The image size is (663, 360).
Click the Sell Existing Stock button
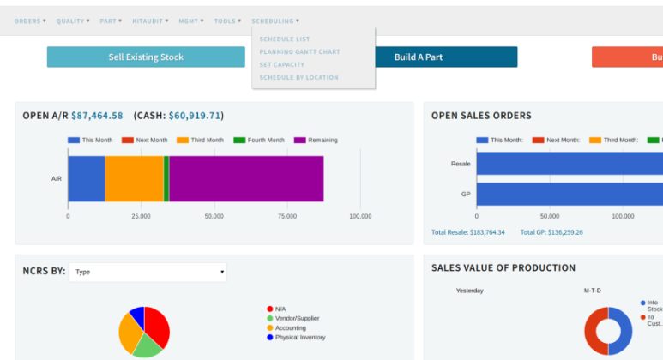(x=146, y=57)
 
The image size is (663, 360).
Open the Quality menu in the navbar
(x=72, y=21)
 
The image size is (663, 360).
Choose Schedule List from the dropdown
(x=285, y=39)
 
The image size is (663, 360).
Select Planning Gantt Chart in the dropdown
(x=299, y=52)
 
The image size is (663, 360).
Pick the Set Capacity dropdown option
(x=282, y=65)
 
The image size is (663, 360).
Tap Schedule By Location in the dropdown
(x=298, y=78)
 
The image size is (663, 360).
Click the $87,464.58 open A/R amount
(x=97, y=116)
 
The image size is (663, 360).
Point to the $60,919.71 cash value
(x=195, y=116)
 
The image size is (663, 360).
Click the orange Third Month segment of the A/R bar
(x=134, y=178)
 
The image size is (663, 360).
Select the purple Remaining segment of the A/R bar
(x=246, y=178)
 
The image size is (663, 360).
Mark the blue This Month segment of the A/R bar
(x=86, y=178)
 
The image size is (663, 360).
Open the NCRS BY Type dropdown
(x=148, y=273)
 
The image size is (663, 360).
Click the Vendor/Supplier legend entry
(x=298, y=318)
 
